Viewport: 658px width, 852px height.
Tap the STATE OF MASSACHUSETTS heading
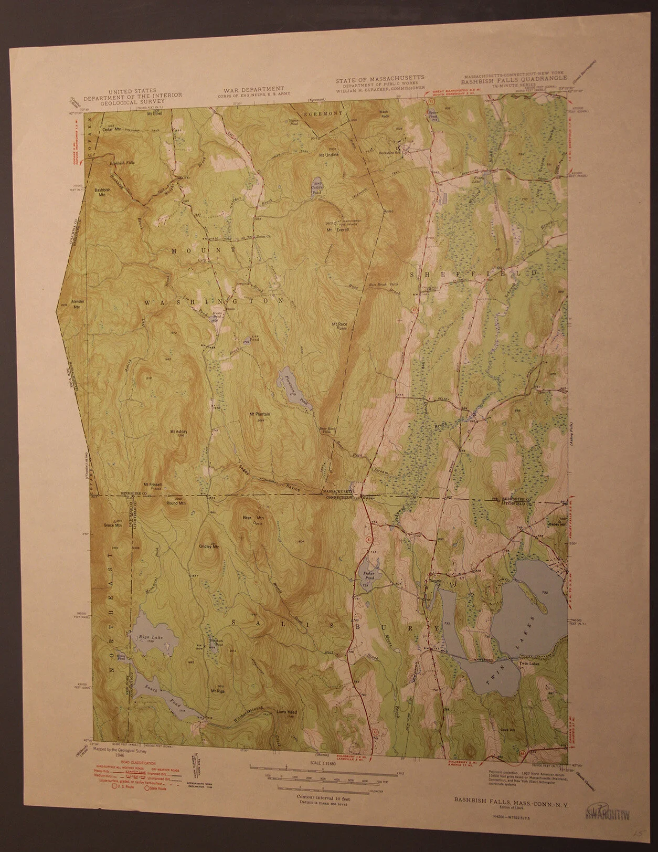(380, 80)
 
